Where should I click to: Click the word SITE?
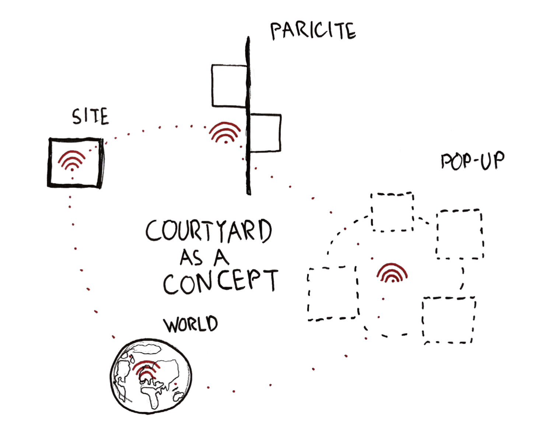pyautogui.click(x=90, y=116)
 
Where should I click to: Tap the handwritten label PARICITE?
pyautogui.click(x=313, y=30)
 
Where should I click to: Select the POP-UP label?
pyautogui.click(x=472, y=161)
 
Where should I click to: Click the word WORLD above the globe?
pyautogui.click(x=190, y=324)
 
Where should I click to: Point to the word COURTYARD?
pyautogui.click(x=209, y=231)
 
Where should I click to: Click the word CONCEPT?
pyautogui.click(x=220, y=281)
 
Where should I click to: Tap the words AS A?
pyautogui.click(x=204, y=257)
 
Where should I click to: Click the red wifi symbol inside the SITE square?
pyautogui.click(x=72, y=160)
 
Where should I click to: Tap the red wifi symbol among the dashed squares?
pyautogui.click(x=392, y=273)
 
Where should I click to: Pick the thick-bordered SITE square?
pyautogui.click(x=76, y=163)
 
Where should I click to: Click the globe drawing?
pyautogui.click(x=151, y=376)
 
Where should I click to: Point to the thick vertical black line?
pyautogui.click(x=248, y=114)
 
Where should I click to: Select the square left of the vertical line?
pyautogui.click(x=229, y=86)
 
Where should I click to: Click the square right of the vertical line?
pyautogui.click(x=265, y=133)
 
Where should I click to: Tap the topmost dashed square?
pyautogui.click(x=392, y=212)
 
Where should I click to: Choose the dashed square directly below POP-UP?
pyautogui.click(x=459, y=234)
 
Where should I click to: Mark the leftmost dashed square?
pyautogui.click(x=333, y=293)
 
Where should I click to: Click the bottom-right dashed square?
pyautogui.click(x=449, y=320)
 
